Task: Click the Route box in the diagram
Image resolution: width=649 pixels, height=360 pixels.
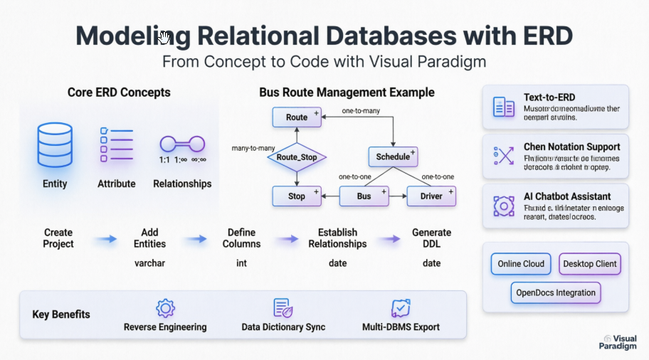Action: coord(297,117)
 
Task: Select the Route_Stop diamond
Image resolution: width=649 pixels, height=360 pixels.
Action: coord(297,157)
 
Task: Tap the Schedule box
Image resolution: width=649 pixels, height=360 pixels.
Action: coord(393,157)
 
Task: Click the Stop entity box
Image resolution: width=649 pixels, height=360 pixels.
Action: coord(297,196)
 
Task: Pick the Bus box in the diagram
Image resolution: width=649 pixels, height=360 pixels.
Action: coord(364,196)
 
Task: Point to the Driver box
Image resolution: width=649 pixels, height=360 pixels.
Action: coord(431,196)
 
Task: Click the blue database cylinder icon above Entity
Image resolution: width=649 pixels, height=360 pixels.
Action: coord(55,143)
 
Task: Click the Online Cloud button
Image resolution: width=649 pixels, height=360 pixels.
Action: coord(521,264)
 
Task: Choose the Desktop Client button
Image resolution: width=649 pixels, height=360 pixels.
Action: coord(589,264)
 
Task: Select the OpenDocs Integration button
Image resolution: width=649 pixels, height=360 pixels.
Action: coord(556,292)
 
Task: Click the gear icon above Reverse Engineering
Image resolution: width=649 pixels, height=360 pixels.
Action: coord(165,308)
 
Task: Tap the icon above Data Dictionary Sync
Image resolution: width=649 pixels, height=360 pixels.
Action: coord(283,308)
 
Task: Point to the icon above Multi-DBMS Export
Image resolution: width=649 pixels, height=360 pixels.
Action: coord(401,308)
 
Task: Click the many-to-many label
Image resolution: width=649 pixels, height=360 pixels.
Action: coord(253,148)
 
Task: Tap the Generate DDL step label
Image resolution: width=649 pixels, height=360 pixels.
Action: coord(431,238)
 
